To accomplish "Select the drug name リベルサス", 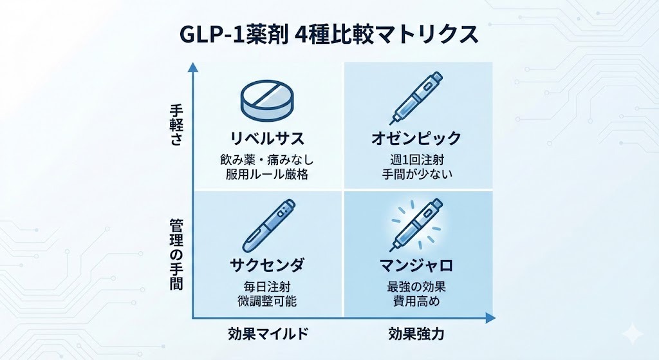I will tap(267, 138).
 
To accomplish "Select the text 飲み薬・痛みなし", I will tap(267, 158).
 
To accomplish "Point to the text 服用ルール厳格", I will tap(267, 174).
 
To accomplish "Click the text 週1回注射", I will tap(417, 158).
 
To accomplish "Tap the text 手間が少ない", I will tap(417, 174).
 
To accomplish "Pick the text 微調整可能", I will tap(267, 301).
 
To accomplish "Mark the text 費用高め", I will tap(417, 301).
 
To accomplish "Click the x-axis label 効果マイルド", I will tap(267, 334).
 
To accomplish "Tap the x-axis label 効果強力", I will tap(416, 334).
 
